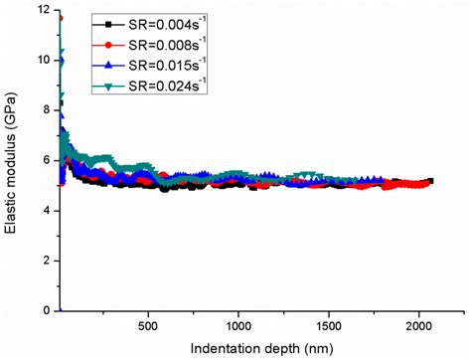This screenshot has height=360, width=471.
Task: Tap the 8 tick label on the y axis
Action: [x=45, y=110]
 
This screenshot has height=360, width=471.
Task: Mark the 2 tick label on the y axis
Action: [x=45, y=261]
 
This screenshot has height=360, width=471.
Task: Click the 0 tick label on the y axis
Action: [x=45, y=310]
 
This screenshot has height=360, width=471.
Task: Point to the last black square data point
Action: [x=430, y=181]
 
